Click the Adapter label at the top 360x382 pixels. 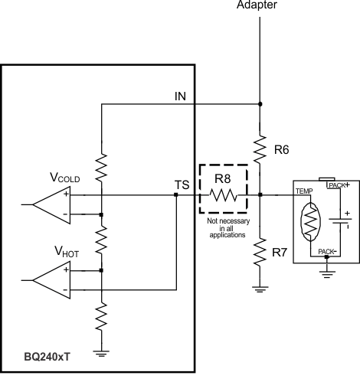(260, 5)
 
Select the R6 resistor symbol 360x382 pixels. (260, 146)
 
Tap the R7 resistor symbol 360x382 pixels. (260, 250)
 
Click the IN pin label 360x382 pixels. (182, 96)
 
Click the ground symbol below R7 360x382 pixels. (260, 289)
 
